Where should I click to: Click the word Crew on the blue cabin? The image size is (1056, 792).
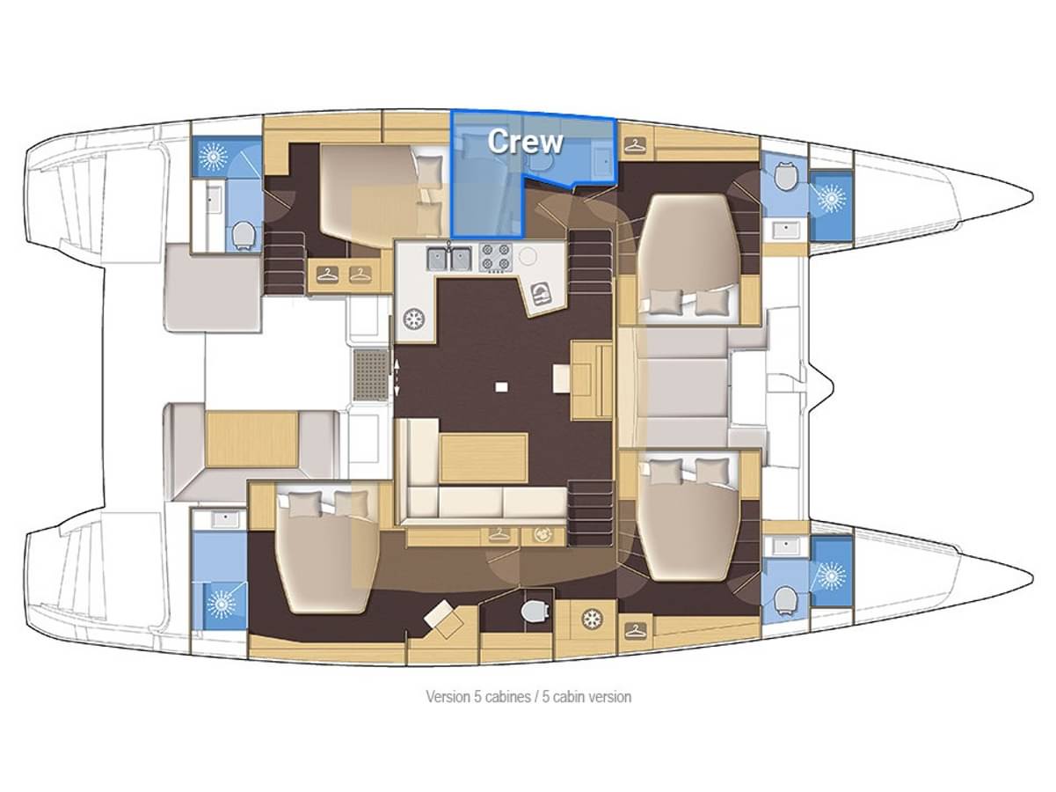pos(524,141)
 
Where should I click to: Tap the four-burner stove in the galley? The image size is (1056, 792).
pos(496,257)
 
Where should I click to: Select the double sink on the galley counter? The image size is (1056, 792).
pos(448,259)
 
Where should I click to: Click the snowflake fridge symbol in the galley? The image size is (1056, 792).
pos(414,319)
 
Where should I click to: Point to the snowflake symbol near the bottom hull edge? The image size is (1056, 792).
pos(590,620)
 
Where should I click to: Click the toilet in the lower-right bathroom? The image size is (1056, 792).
pos(785,599)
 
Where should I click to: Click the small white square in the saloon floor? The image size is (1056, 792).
pos(502,386)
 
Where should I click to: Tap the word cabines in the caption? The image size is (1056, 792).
pos(502,696)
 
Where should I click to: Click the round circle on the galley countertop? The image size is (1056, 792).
pos(528,256)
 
